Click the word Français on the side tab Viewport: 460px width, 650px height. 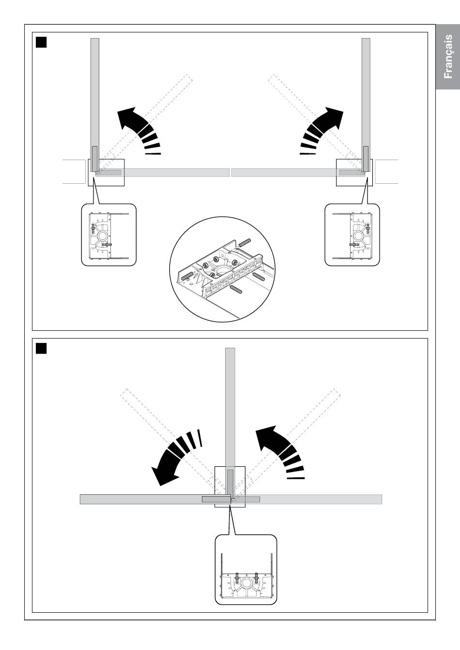(448, 56)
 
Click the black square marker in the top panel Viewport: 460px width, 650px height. (41, 42)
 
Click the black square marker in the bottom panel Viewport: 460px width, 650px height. (41, 349)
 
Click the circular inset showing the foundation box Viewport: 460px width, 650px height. (223, 269)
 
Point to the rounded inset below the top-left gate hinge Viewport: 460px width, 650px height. (108, 235)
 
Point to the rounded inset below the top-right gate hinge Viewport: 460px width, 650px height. (352, 235)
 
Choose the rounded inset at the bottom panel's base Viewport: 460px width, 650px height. (246, 569)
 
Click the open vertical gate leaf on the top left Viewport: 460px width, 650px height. (95, 104)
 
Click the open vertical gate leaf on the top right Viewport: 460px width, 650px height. (366, 104)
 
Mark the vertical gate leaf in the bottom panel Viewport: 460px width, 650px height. (230, 423)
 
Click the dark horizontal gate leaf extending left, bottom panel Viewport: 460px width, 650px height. (155, 500)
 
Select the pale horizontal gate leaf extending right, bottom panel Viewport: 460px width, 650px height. (307, 500)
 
